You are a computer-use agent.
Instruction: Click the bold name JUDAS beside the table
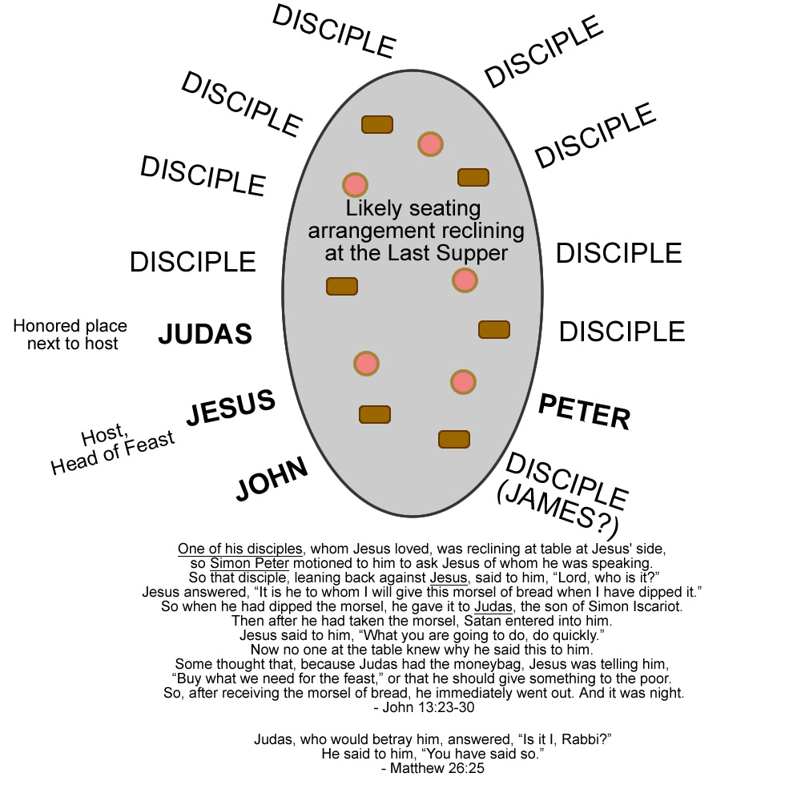(205, 334)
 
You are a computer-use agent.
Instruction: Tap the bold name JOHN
(272, 479)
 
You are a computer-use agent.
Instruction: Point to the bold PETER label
(584, 412)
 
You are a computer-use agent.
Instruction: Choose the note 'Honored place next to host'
(70, 335)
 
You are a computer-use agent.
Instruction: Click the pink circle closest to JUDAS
(366, 363)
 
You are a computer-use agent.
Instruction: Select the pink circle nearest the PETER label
(463, 382)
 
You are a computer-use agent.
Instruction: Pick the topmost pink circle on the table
(430, 144)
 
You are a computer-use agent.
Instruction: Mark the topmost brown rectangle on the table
(377, 124)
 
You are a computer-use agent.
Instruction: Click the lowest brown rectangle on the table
(454, 439)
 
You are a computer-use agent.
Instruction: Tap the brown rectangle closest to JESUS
(374, 414)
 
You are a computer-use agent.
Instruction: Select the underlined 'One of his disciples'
(240, 549)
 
